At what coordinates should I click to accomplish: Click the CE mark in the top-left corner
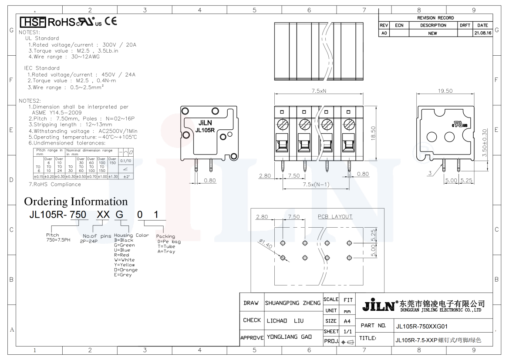[111, 21]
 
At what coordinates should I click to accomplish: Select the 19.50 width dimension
[445, 91]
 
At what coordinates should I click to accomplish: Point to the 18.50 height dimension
[373, 133]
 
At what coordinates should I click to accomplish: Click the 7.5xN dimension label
[319, 91]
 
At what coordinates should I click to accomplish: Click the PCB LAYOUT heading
[335, 216]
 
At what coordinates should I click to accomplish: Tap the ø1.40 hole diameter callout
[265, 245]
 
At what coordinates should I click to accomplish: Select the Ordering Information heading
[76, 202]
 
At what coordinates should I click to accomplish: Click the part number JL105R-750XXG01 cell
[421, 326]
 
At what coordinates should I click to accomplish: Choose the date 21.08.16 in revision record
[482, 33]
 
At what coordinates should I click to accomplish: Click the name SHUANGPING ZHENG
[293, 303]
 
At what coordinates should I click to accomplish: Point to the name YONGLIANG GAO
[288, 337]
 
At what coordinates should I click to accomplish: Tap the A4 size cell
[347, 321]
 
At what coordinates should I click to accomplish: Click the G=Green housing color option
[125, 245]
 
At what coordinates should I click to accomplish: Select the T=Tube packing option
[166, 246]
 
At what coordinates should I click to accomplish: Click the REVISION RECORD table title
[435, 18]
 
